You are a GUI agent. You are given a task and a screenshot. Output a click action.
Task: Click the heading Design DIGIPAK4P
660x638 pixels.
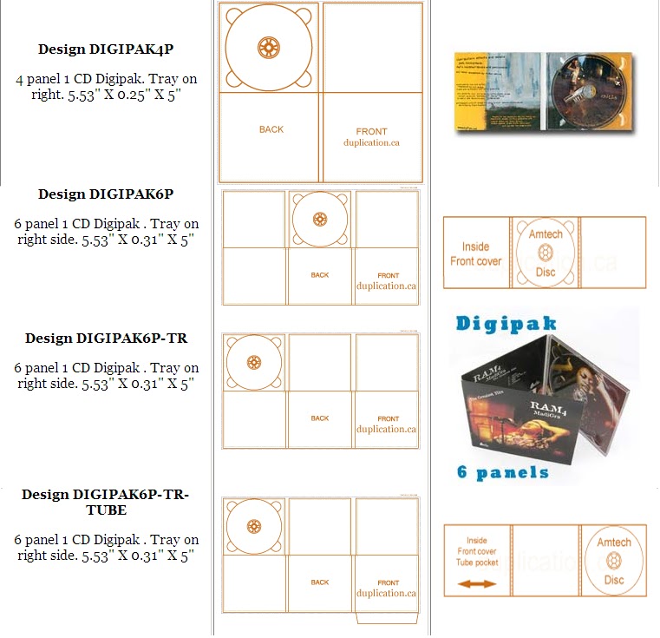pos(106,49)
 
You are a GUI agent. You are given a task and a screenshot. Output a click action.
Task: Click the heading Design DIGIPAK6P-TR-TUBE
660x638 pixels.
pos(106,502)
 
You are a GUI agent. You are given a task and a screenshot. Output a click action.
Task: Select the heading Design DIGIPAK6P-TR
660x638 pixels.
pos(106,338)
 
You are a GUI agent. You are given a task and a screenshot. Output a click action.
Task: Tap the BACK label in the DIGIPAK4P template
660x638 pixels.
pos(271,129)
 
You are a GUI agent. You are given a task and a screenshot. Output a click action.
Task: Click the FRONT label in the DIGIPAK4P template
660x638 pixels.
pos(372,132)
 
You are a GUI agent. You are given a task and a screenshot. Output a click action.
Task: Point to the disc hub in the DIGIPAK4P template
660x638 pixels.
pos(269,46)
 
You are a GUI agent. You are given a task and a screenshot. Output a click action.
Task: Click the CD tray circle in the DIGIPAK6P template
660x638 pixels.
pos(320,219)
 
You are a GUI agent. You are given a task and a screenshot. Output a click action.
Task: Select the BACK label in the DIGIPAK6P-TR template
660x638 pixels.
pos(320,418)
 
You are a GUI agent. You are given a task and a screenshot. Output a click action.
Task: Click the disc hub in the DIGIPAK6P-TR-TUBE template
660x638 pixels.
pos(254,526)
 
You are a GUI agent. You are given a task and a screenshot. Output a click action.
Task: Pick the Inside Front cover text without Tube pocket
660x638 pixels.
pos(476,253)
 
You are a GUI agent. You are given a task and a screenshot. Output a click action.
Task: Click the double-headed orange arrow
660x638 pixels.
pos(476,584)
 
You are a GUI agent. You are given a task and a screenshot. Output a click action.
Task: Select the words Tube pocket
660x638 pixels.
pos(476,562)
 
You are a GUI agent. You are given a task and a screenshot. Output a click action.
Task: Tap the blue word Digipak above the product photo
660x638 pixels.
pos(507,324)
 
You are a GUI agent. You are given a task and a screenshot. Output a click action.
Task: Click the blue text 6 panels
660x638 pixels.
pos(503,472)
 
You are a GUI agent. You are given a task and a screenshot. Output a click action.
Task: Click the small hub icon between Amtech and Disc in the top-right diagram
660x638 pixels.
pos(545,253)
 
